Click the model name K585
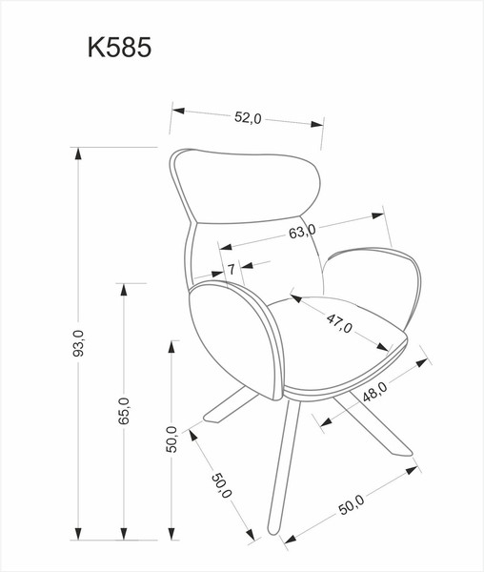[x=119, y=49]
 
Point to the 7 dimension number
[x=231, y=270]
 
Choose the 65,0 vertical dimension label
[x=125, y=416]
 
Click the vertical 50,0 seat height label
[x=171, y=441]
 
